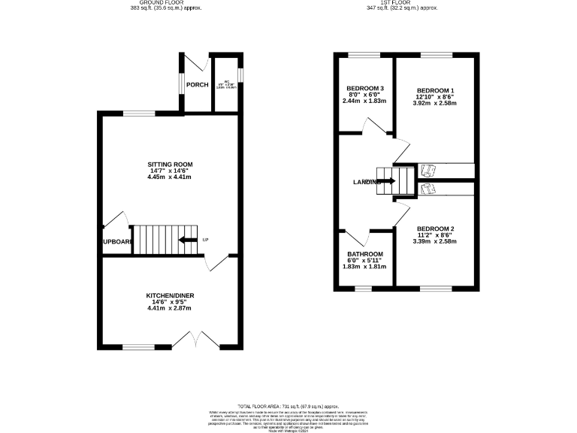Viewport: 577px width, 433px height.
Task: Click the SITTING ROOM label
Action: click(x=171, y=164)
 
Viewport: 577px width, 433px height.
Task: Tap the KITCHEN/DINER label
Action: click(x=171, y=296)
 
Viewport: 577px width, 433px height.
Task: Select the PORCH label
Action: click(x=198, y=84)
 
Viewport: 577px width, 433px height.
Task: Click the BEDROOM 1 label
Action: click(x=435, y=89)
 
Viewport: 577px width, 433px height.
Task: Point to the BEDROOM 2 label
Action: click(x=435, y=228)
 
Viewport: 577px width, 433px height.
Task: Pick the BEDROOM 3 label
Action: click(x=365, y=89)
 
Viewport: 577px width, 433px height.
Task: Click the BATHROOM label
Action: click(x=364, y=253)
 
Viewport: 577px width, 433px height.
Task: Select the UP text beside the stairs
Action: click(x=204, y=241)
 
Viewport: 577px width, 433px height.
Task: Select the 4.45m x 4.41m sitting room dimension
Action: click(x=171, y=177)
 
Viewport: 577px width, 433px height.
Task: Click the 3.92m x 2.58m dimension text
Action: click(x=435, y=103)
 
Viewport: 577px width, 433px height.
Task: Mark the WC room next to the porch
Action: click(x=225, y=84)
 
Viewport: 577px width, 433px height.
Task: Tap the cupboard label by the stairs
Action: click(x=117, y=241)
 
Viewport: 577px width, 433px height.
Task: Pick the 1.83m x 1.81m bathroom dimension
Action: click(x=364, y=267)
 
